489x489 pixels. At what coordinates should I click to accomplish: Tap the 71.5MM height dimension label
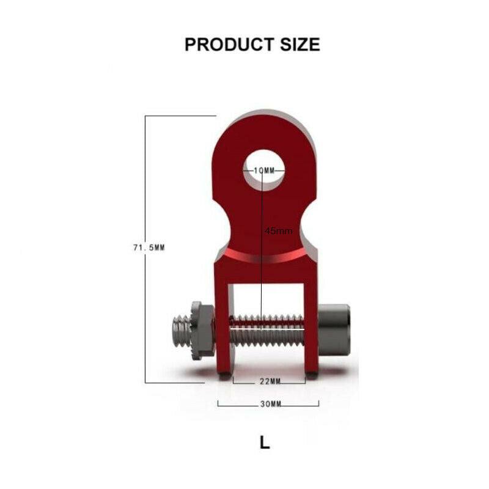click(149, 248)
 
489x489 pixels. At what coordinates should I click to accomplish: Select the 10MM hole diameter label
click(265, 171)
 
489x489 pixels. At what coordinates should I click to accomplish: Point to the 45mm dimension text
click(279, 230)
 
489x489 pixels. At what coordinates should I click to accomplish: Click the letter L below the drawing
click(264, 443)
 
